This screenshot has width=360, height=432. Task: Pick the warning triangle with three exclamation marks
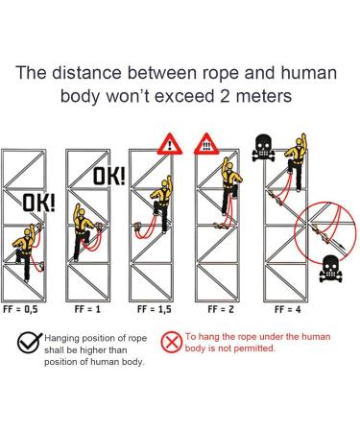[x=207, y=144]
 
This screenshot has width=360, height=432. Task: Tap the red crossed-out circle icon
[x=171, y=342]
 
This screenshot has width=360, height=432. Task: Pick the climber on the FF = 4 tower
[x=300, y=154]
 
